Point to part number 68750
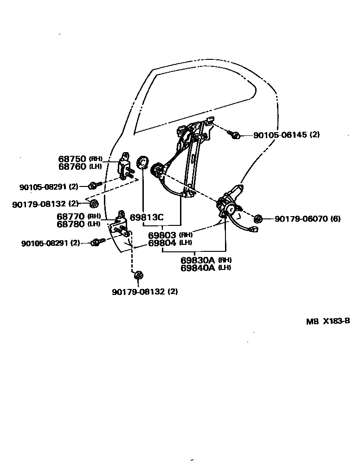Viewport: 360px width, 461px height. pos(72,159)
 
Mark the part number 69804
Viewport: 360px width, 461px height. pos(162,243)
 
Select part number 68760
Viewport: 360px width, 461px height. pos(72,166)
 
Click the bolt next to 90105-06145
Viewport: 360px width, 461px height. pos(235,135)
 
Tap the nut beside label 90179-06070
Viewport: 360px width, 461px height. pos(259,218)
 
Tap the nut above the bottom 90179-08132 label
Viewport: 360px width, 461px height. pos(138,276)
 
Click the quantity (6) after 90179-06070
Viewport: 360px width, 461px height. pos(336,218)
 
